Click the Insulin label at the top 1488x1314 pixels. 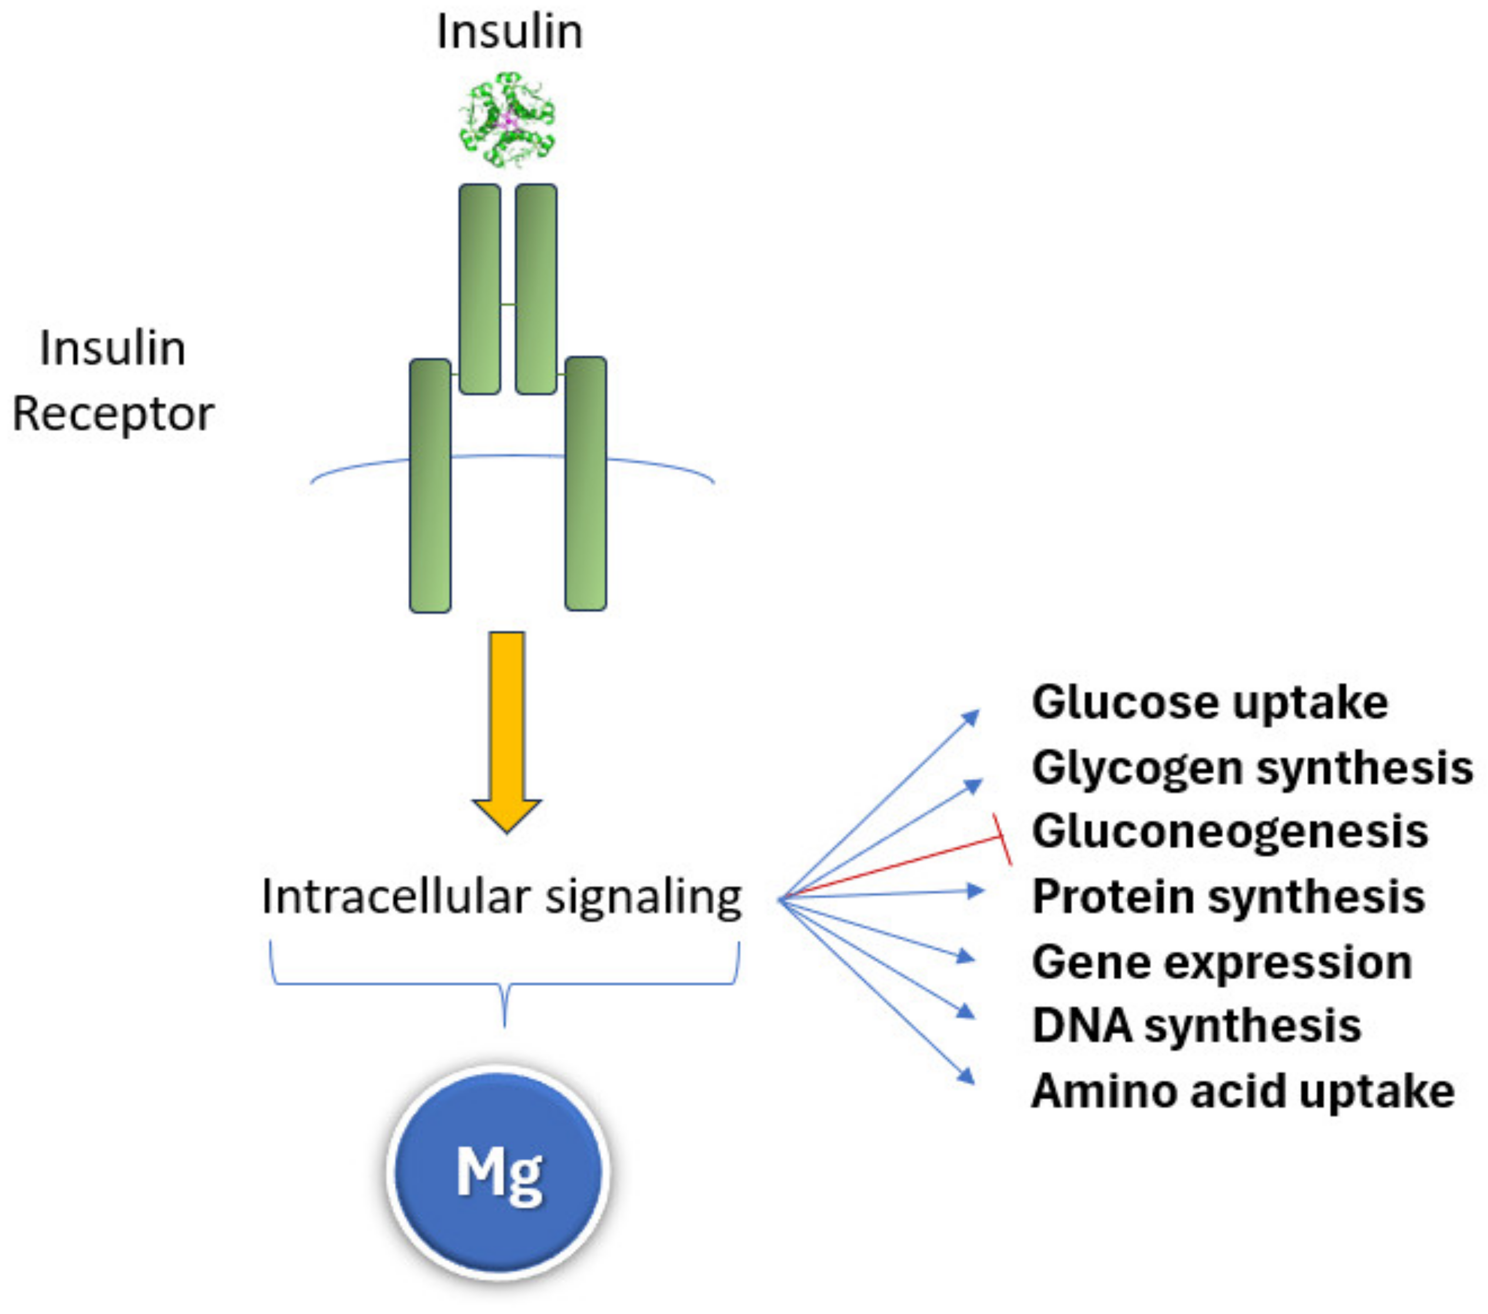click(x=510, y=32)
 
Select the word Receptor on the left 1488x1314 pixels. click(x=113, y=413)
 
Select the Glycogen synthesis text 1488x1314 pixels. click(x=1251, y=767)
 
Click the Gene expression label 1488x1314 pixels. click(x=1221, y=962)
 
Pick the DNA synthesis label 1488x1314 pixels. click(x=1196, y=1026)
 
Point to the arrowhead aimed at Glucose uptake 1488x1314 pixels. click(x=972, y=717)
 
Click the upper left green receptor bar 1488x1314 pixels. click(x=480, y=289)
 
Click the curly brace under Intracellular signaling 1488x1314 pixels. click(x=504, y=983)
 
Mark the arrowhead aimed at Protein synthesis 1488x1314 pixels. click(x=975, y=890)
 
